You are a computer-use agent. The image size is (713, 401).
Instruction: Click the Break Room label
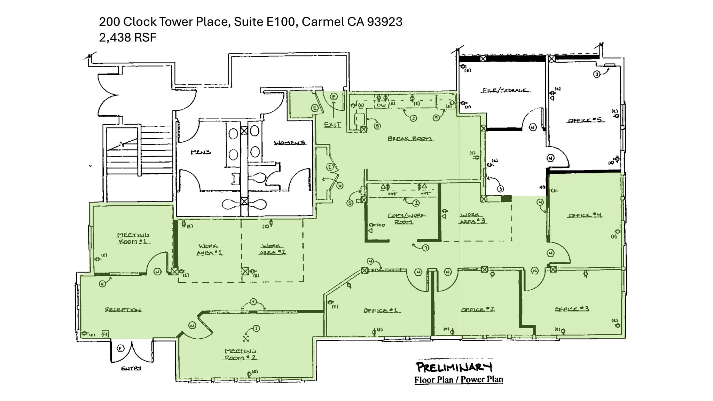pos(410,139)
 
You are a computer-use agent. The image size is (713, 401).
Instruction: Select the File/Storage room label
pos(506,91)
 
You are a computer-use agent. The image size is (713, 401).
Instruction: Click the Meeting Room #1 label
pos(133,238)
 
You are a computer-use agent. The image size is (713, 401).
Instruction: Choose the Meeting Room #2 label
pos(241,354)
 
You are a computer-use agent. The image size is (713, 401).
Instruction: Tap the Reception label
pos(123,309)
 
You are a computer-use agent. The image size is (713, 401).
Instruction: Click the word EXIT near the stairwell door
pos(332,125)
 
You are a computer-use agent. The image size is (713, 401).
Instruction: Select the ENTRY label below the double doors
pos(131,368)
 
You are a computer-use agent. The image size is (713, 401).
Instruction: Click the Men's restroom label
pos(201,152)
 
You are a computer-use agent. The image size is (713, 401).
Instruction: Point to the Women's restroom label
pos(290,143)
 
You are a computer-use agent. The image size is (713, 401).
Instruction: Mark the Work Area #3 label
pos(472,218)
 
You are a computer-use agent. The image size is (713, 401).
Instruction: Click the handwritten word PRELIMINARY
pos(454,367)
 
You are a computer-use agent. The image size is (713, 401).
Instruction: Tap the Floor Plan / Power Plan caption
pos(459,379)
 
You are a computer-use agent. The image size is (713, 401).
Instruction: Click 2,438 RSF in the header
pos(128,37)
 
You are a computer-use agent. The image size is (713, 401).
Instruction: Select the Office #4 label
pos(585,215)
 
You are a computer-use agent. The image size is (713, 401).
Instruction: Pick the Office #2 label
pos(478,309)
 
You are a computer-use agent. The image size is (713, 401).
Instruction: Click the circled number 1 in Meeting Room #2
pos(256,328)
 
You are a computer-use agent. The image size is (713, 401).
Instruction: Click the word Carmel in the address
pos(322,22)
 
